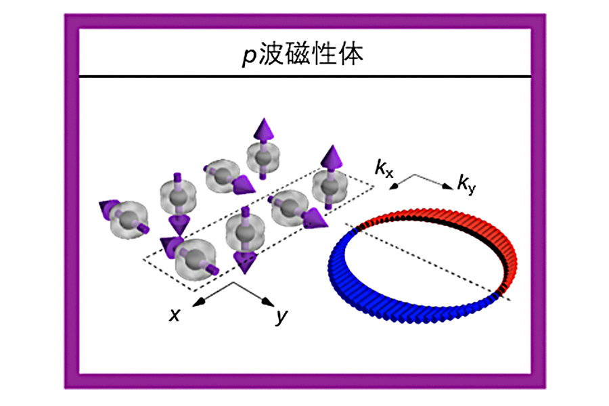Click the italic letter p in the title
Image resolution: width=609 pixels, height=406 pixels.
coord(249,55)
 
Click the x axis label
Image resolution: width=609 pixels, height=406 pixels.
coord(175,314)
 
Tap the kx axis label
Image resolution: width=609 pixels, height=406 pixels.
coord(384,168)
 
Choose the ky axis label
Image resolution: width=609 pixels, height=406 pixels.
coord(466,184)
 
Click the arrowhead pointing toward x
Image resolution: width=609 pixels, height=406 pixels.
coord(198,302)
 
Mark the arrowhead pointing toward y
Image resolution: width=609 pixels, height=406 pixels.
coord(269,301)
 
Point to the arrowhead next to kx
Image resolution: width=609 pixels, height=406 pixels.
coord(394,187)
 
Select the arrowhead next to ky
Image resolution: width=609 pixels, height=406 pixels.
coord(448,186)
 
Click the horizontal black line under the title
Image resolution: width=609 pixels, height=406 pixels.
coord(305,76)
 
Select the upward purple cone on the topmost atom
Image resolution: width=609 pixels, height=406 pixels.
coord(264,129)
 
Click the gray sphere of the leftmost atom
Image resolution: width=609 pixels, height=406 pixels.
coord(127,221)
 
